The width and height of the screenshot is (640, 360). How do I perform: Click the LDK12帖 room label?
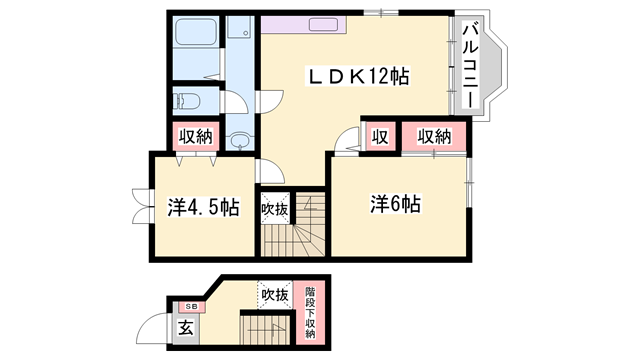point(358,76)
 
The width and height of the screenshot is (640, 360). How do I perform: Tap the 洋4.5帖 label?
point(203,207)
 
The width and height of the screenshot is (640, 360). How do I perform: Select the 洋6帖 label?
point(395,204)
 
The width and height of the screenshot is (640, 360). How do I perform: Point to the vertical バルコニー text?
point(470,65)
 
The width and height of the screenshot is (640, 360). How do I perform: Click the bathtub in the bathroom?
point(196,31)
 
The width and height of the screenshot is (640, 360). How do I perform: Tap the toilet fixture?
point(187,100)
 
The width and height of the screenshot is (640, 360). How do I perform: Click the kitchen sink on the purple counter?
point(324,24)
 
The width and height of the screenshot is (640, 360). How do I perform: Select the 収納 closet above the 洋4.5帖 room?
point(196,136)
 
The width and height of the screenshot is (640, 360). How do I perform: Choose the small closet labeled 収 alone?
point(380,137)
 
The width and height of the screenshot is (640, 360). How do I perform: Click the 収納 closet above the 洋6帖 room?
point(434,137)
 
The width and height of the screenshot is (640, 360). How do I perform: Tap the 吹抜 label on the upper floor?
point(275,210)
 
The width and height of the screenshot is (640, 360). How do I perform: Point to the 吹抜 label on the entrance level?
point(275,294)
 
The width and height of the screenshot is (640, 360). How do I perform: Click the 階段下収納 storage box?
point(310,312)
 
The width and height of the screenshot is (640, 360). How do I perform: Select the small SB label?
point(191,306)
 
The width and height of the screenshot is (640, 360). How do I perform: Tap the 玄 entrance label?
point(186,327)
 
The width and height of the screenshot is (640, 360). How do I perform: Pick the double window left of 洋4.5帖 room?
point(142,206)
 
